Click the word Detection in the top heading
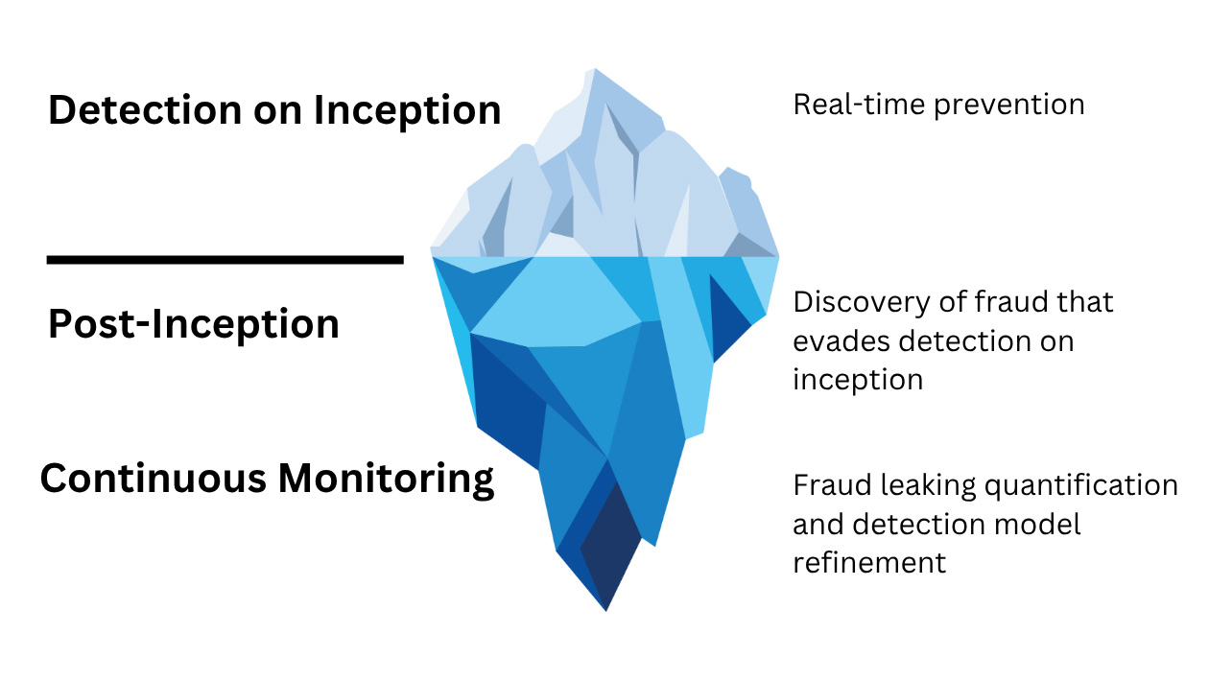pyautogui.click(x=144, y=110)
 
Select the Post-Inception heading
pyautogui.click(x=193, y=324)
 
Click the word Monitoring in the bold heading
pyautogui.click(x=385, y=478)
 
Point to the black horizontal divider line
pyautogui.click(x=225, y=259)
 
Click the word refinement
pyautogui.click(x=869, y=561)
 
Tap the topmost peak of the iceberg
pyautogui.click(x=597, y=71)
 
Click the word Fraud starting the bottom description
pyautogui.click(x=828, y=485)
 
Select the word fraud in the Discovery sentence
pyautogui.click(x=1019, y=302)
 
